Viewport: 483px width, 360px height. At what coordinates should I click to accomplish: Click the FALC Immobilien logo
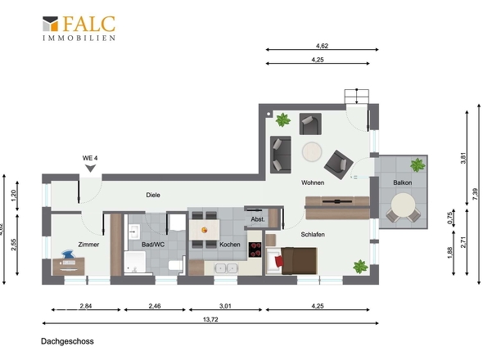pos(79,29)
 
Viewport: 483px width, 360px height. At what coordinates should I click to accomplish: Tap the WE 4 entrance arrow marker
pos(90,169)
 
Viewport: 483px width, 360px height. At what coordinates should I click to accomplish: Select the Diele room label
pos(153,195)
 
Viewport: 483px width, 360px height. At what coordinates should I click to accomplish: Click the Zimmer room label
pos(88,245)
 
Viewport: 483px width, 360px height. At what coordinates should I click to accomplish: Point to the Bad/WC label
pos(153,245)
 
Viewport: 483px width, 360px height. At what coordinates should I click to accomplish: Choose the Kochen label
pos(230,245)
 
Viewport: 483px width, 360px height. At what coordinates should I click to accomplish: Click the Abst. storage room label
pos(258,219)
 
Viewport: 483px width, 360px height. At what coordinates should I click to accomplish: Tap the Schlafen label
pos(313,234)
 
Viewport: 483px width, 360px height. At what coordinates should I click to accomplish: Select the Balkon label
pos(402,182)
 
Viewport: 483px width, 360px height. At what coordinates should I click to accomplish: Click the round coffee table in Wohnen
pos(312,151)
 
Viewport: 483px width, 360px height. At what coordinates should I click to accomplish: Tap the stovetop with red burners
pos(255,250)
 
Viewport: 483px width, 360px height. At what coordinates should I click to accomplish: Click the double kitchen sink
pos(227,268)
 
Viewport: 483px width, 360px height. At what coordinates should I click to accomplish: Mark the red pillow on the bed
pos(279,262)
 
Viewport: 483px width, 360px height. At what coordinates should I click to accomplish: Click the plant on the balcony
pos(418,165)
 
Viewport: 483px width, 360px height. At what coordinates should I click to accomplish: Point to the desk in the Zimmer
pos(69,267)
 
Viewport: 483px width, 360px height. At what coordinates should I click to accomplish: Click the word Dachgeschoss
pos(67,341)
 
